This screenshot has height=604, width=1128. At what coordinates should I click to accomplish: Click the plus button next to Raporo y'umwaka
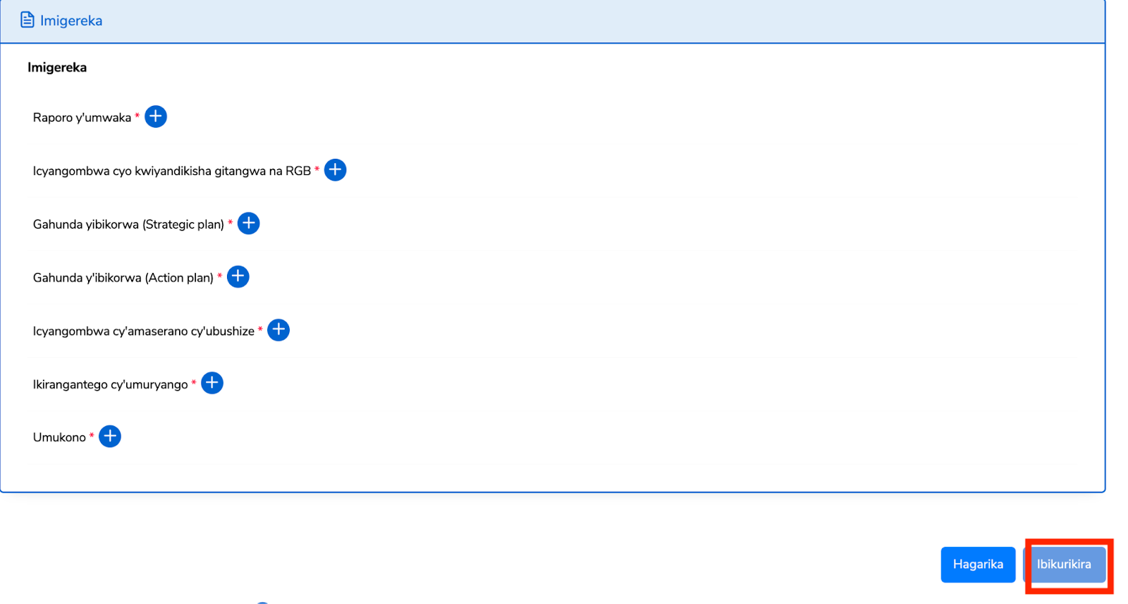click(x=156, y=116)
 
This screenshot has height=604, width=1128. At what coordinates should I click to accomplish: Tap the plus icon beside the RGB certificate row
click(x=335, y=170)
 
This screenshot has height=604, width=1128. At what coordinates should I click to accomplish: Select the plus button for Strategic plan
click(x=248, y=224)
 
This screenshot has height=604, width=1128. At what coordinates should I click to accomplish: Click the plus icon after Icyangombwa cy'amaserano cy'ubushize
click(x=278, y=330)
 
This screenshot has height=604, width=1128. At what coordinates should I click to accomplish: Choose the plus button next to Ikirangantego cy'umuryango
click(x=212, y=383)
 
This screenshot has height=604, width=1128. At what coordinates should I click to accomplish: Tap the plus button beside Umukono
click(x=110, y=436)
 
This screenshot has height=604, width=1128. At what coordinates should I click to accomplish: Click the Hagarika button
click(x=978, y=564)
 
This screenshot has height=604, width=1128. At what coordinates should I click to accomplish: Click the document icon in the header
click(x=27, y=20)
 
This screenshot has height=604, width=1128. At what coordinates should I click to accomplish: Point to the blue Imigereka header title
click(x=71, y=20)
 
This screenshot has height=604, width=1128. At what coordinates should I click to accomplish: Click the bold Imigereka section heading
click(x=57, y=68)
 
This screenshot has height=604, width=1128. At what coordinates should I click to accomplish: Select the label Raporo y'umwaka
click(x=82, y=118)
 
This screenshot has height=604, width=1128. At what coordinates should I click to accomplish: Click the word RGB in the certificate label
click(x=298, y=171)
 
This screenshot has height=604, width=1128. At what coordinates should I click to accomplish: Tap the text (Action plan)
click(x=179, y=278)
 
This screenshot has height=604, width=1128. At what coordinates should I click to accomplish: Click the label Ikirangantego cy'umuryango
click(x=110, y=385)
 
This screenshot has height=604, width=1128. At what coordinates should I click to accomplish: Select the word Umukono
click(x=59, y=437)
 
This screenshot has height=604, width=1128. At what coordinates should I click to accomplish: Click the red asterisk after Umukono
click(x=92, y=436)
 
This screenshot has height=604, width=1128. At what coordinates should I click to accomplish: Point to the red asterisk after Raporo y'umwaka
click(x=137, y=116)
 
